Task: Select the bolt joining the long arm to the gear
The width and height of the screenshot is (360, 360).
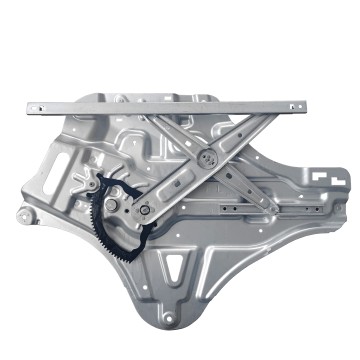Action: click(x=146, y=210)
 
